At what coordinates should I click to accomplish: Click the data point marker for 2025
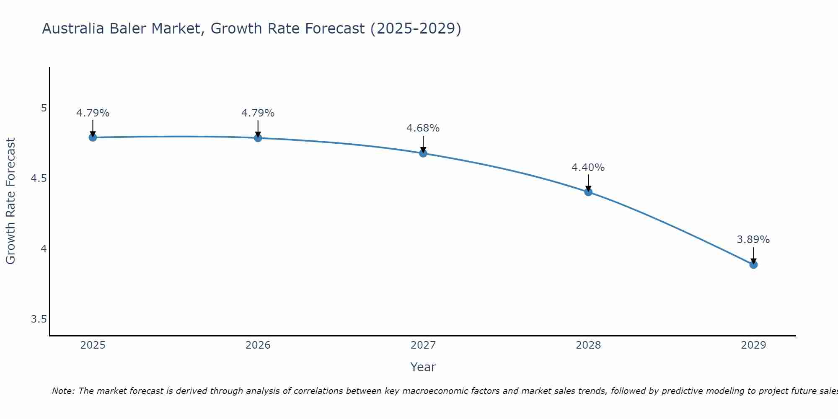pyautogui.click(x=93, y=137)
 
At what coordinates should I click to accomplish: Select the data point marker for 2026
pyautogui.click(x=258, y=138)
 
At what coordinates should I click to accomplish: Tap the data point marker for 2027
pyautogui.click(x=423, y=153)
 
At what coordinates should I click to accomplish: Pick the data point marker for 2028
pyautogui.click(x=588, y=192)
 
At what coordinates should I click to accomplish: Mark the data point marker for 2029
pyautogui.click(x=753, y=265)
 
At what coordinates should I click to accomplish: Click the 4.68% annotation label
pyautogui.click(x=423, y=128)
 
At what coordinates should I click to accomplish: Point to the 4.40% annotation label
pyautogui.click(x=588, y=168)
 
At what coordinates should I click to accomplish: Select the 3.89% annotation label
pyautogui.click(x=753, y=240)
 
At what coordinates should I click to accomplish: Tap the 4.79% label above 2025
pyautogui.click(x=93, y=113)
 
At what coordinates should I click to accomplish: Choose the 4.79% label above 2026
pyautogui.click(x=258, y=113)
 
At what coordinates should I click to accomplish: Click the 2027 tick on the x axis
pyautogui.click(x=423, y=345)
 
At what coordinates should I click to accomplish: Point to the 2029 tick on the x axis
pyautogui.click(x=753, y=345)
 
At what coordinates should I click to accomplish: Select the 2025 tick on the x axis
pyautogui.click(x=93, y=345)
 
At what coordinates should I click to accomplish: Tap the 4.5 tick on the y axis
pyautogui.click(x=39, y=179)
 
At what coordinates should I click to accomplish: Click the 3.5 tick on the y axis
pyautogui.click(x=39, y=320)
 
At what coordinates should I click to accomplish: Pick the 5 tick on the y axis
pyautogui.click(x=44, y=108)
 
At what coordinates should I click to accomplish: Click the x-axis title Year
pyautogui.click(x=423, y=367)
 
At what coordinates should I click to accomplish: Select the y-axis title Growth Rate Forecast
pyautogui.click(x=10, y=201)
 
